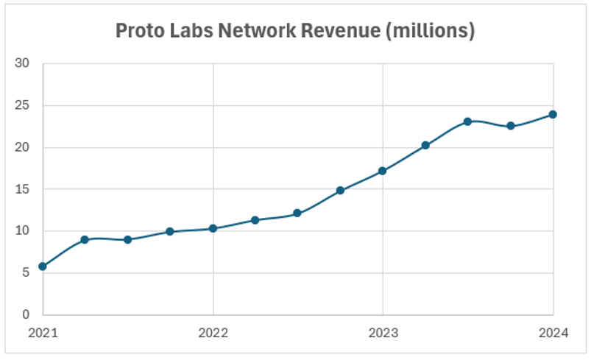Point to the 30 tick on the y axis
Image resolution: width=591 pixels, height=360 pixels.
(x=22, y=64)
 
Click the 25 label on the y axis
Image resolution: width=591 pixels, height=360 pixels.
(x=22, y=106)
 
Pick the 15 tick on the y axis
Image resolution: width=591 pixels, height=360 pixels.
(x=22, y=189)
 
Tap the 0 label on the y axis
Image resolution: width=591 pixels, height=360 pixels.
(x=25, y=315)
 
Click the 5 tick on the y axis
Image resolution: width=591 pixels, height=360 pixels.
(x=25, y=273)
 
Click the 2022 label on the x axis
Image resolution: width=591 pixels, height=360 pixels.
(x=213, y=333)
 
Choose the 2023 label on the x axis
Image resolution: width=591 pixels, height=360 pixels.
(x=383, y=333)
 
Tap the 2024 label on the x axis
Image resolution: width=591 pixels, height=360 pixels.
(x=553, y=333)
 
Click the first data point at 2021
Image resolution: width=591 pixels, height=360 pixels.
(x=43, y=266)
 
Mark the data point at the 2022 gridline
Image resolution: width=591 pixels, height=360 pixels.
(x=213, y=228)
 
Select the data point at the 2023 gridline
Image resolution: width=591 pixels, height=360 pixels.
(x=383, y=171)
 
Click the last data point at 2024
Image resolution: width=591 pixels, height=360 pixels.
(x=553, y=114)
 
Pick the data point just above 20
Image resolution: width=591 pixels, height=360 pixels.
(x=425, y=145)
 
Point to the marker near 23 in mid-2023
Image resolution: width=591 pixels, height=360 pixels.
(x=467, y=121)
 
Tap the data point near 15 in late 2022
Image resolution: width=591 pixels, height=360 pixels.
(x=340, y=190)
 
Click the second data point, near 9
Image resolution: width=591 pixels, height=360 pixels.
(x=85, y=239)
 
